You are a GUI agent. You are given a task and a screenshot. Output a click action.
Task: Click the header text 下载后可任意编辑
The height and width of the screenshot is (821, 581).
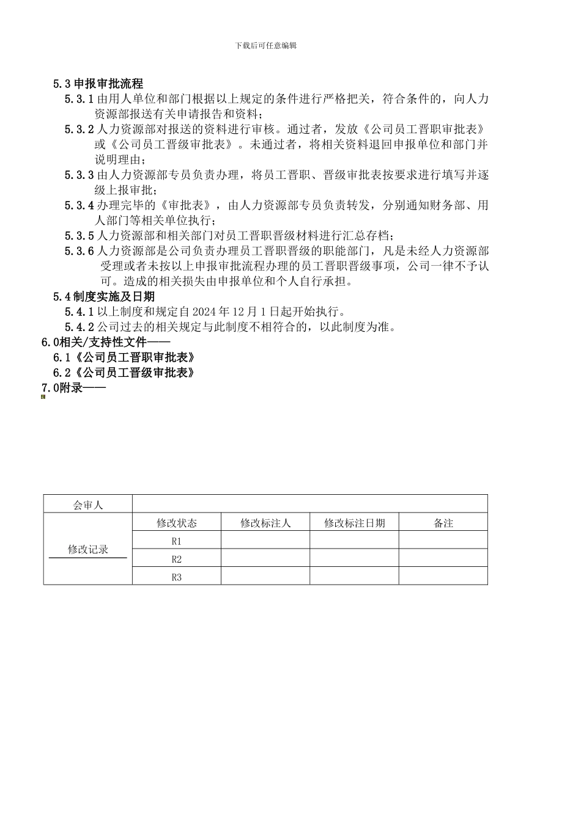(x=265, y=46)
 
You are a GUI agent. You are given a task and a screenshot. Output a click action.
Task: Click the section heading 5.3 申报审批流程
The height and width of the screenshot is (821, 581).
(x=98, y=84)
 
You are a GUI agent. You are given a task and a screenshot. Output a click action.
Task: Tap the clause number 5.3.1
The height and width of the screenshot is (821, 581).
(x=79, y=99)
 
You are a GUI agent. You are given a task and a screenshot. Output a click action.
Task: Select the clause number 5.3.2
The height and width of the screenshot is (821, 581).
(x=79, y=130)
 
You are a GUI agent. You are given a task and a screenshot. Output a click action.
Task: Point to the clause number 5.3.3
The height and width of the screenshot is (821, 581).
(x=79, y=175)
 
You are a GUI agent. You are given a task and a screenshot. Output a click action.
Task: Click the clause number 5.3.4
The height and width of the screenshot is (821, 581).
(x=79, y=205)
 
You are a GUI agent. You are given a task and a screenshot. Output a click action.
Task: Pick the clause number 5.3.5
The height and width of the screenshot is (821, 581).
(x=79, y=236)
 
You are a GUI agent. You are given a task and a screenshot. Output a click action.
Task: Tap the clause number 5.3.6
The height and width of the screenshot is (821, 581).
(x=79, y=251)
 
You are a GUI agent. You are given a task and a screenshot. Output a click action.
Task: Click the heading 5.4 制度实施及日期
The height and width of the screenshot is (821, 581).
(x=103, y=297)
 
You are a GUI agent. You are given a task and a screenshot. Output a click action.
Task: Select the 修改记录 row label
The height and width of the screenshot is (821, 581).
(x=88, y=549)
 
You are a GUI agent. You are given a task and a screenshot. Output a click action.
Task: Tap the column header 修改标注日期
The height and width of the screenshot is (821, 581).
(x=355, y=523)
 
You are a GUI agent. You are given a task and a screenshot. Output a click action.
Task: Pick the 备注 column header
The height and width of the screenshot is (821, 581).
(x=443, y=523)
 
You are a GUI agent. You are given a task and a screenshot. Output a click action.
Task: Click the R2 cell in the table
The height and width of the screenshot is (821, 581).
(x=177, y=559)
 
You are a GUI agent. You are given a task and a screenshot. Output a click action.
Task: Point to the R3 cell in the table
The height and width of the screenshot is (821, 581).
(x=177, y=577)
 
